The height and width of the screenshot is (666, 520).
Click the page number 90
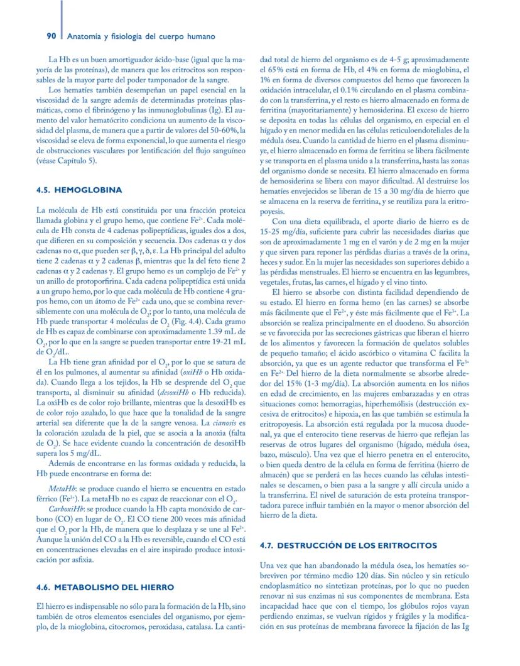pyautogui.click(x=53, y=36)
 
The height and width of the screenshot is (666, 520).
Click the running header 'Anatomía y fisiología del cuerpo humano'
pyautogui.click(x=141, y=36)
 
